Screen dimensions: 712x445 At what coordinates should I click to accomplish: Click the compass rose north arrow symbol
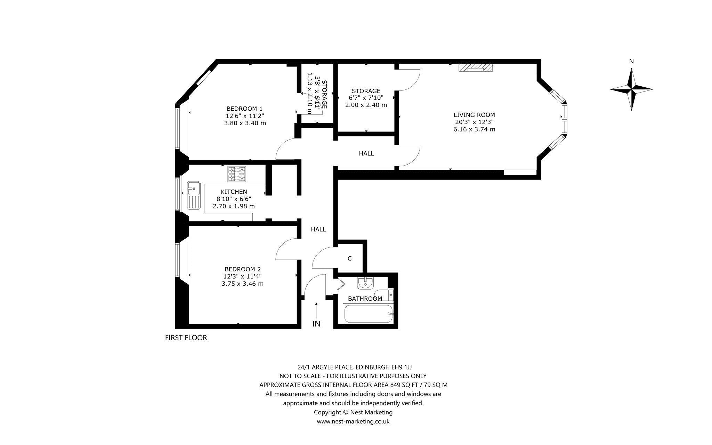pyautogui.click(x=631, y=89)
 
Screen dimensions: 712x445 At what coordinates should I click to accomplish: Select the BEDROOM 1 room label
pyautogui.click(x=244, y=109)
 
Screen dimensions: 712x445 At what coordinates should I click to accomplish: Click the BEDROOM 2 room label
pyautogui.click(x=243, y=269)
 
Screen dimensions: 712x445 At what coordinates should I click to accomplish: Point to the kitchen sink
pyautogui.click(x=193, y=195)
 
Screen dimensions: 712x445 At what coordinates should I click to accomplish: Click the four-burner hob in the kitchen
pyautogui.click(x=237, y=174)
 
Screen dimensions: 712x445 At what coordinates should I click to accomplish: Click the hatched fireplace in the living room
pyautogui.click(x=475, y=67)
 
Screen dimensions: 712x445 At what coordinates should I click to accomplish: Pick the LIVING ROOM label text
pyautogui.click(x=474, y=115)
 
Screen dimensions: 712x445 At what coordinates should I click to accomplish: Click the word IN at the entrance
pyautogui.click(x=316, y=324)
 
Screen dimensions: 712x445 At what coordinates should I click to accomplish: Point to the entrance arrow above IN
pyautogui.click(x=316, y=310)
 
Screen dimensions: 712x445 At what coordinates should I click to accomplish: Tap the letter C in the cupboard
pyautogui.click(x=350, y=259)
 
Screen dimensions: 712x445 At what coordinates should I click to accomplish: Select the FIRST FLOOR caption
pyautogui.click(x=186, y=338)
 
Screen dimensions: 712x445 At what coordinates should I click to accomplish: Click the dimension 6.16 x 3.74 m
pyautogui.click(x=474, y=129)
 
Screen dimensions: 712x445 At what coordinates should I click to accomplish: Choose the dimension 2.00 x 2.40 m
pyautogui.click(x=366, y=105)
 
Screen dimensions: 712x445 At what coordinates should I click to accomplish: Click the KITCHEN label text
pyautogui.click(x=234, y=192)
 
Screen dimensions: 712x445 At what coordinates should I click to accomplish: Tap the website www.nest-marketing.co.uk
pyautogui.click(x=353, y=421)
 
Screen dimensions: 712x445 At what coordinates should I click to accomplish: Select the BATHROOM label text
pyautogui.click(x=365, y=299)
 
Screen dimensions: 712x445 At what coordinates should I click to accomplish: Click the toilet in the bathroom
pyautogui.click(x=384, y=295)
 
